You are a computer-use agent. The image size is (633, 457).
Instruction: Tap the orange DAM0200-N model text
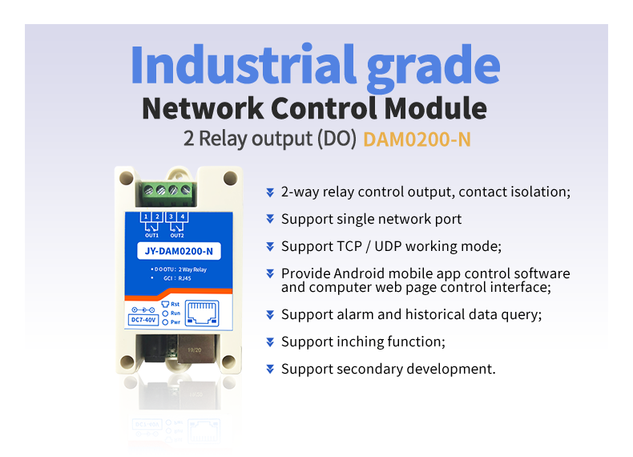pos(417,139)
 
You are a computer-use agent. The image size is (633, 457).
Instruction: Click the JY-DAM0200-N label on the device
pos(179,252)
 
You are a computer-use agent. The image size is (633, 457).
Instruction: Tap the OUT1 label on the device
pos(152,235)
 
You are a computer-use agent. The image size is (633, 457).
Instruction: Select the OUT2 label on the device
pos(178,235)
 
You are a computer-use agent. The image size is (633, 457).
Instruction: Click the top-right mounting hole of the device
pos(230,177)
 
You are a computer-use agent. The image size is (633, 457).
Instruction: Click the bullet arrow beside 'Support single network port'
pos(270,219)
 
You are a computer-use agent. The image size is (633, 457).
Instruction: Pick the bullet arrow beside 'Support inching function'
pos(270,342)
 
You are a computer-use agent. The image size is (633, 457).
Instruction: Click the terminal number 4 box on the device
pos(183,217)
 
